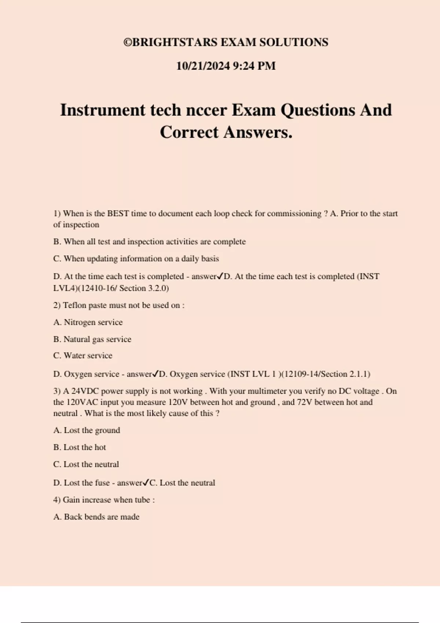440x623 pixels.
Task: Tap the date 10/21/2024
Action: coord(203,66)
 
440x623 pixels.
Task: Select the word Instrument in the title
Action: coord(102,110)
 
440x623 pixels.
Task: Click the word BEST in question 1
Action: coord(118,214)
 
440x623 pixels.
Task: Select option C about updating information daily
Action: coord(136,259)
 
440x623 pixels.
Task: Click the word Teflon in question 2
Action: coord(74,305)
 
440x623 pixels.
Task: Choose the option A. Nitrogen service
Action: coord(88,322)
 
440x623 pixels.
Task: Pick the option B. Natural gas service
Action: coord(92,339)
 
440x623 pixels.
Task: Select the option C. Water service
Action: coord(83,355)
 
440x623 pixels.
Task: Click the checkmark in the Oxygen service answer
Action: coord(155,374)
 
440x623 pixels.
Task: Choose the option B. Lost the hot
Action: coord(80,447)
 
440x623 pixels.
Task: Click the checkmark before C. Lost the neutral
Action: coord(146,483)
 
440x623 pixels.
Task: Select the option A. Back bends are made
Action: coord(96,517)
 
